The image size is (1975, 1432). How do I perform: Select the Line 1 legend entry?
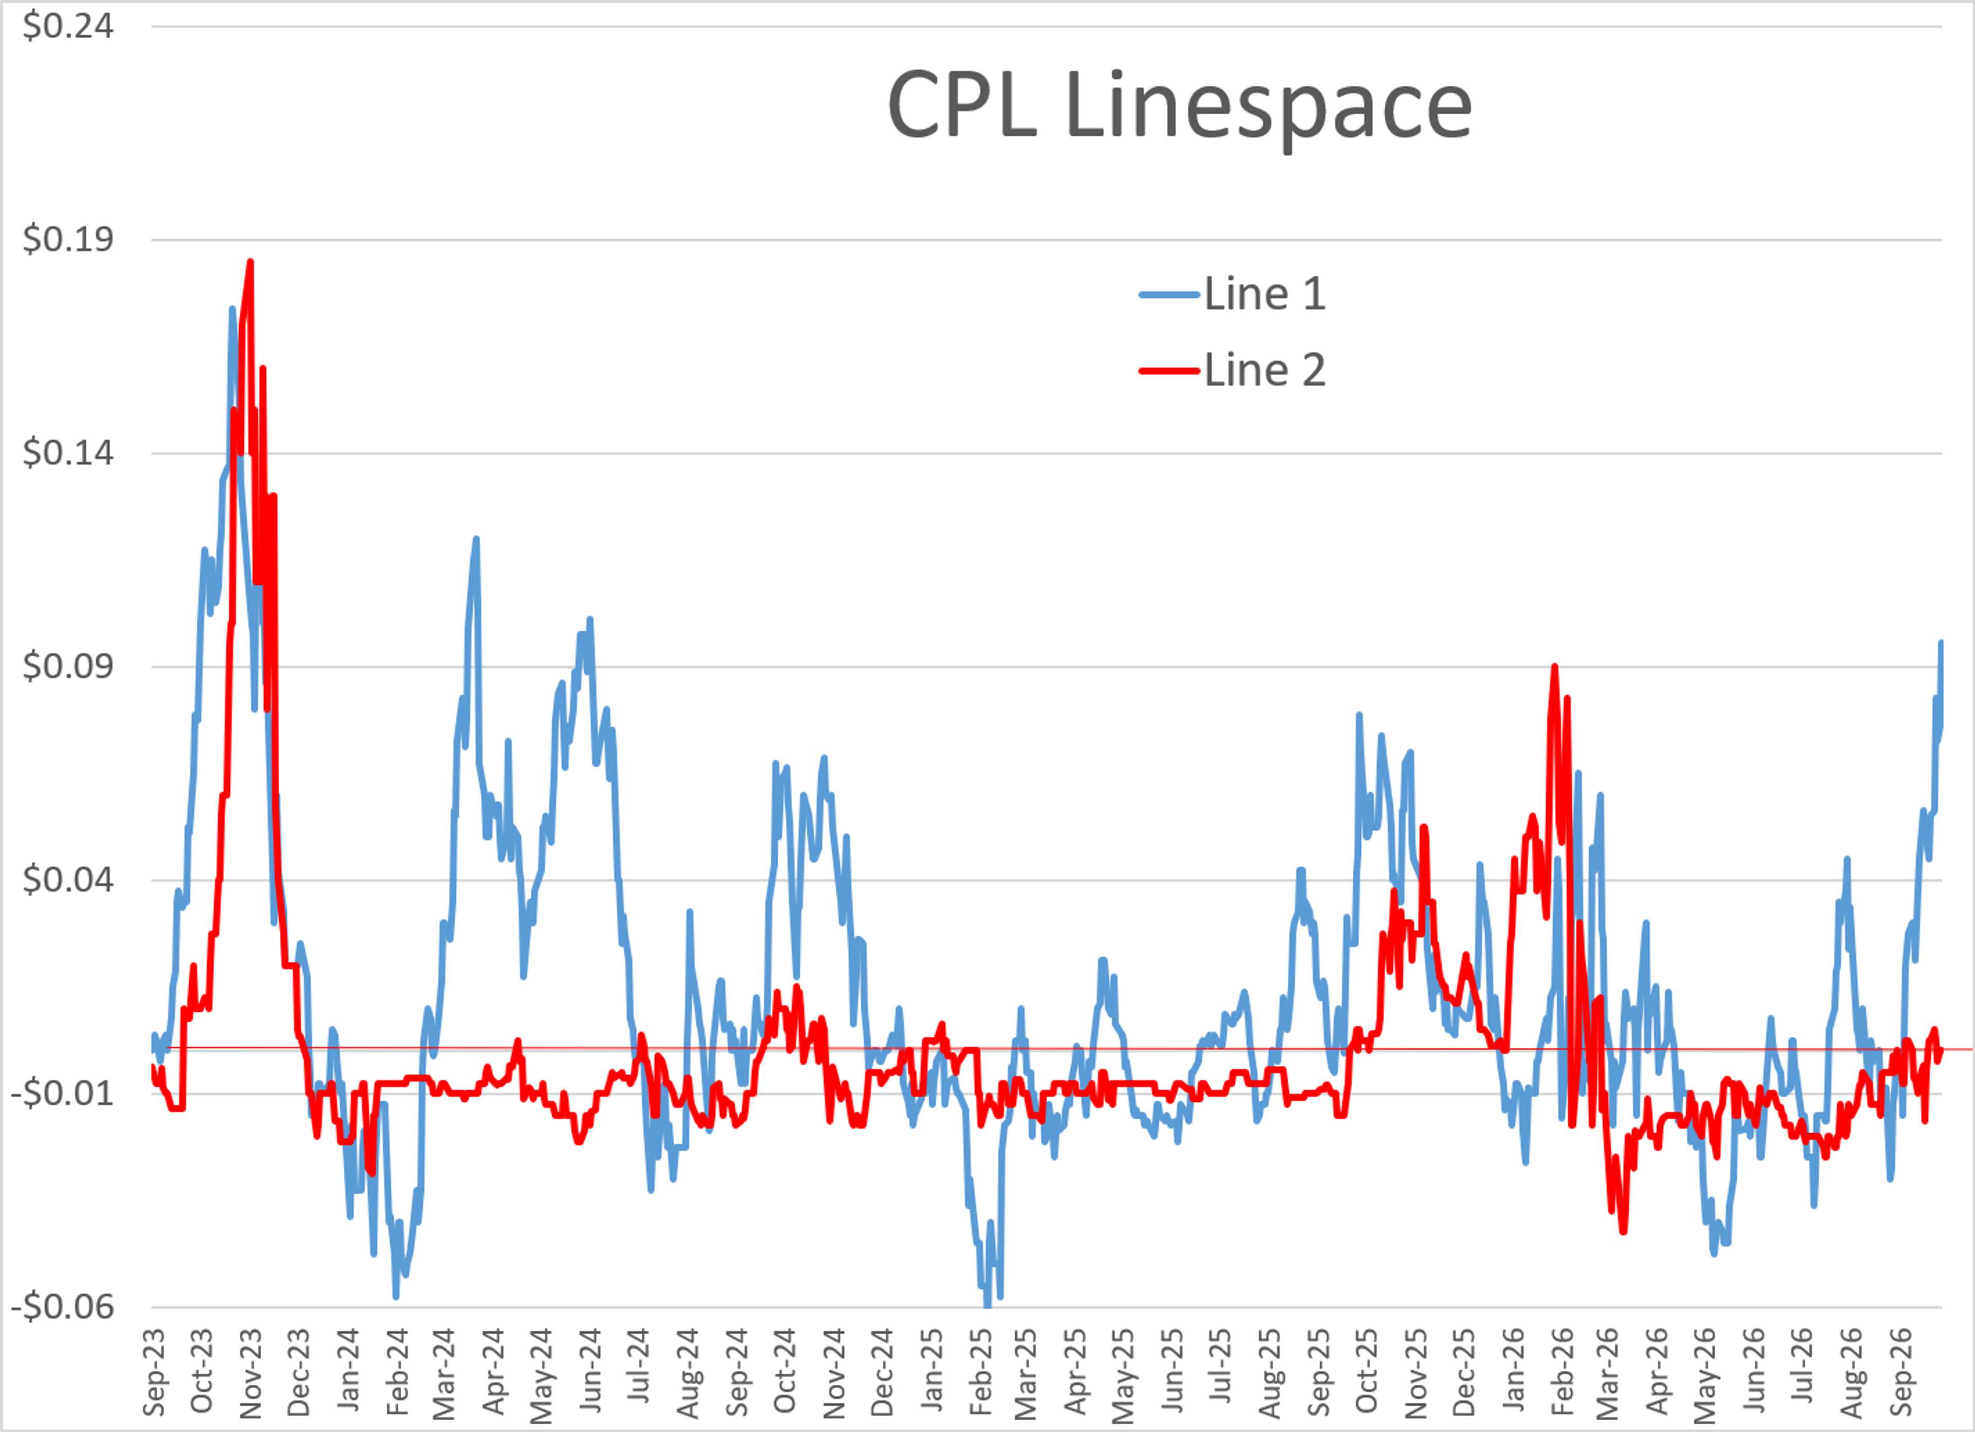[1232, 294]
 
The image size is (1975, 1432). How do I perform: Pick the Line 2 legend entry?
[1232, 370]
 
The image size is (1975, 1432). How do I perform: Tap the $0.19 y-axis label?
[68, 239]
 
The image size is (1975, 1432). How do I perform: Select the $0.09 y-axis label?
[68, 666]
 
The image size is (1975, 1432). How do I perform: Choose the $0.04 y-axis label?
[68, 880]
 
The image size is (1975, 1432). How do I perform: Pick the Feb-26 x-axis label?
[1563, 1372]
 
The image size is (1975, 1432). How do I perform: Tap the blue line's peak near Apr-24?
[476, 539]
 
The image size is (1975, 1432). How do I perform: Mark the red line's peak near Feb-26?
[1554, 666]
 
